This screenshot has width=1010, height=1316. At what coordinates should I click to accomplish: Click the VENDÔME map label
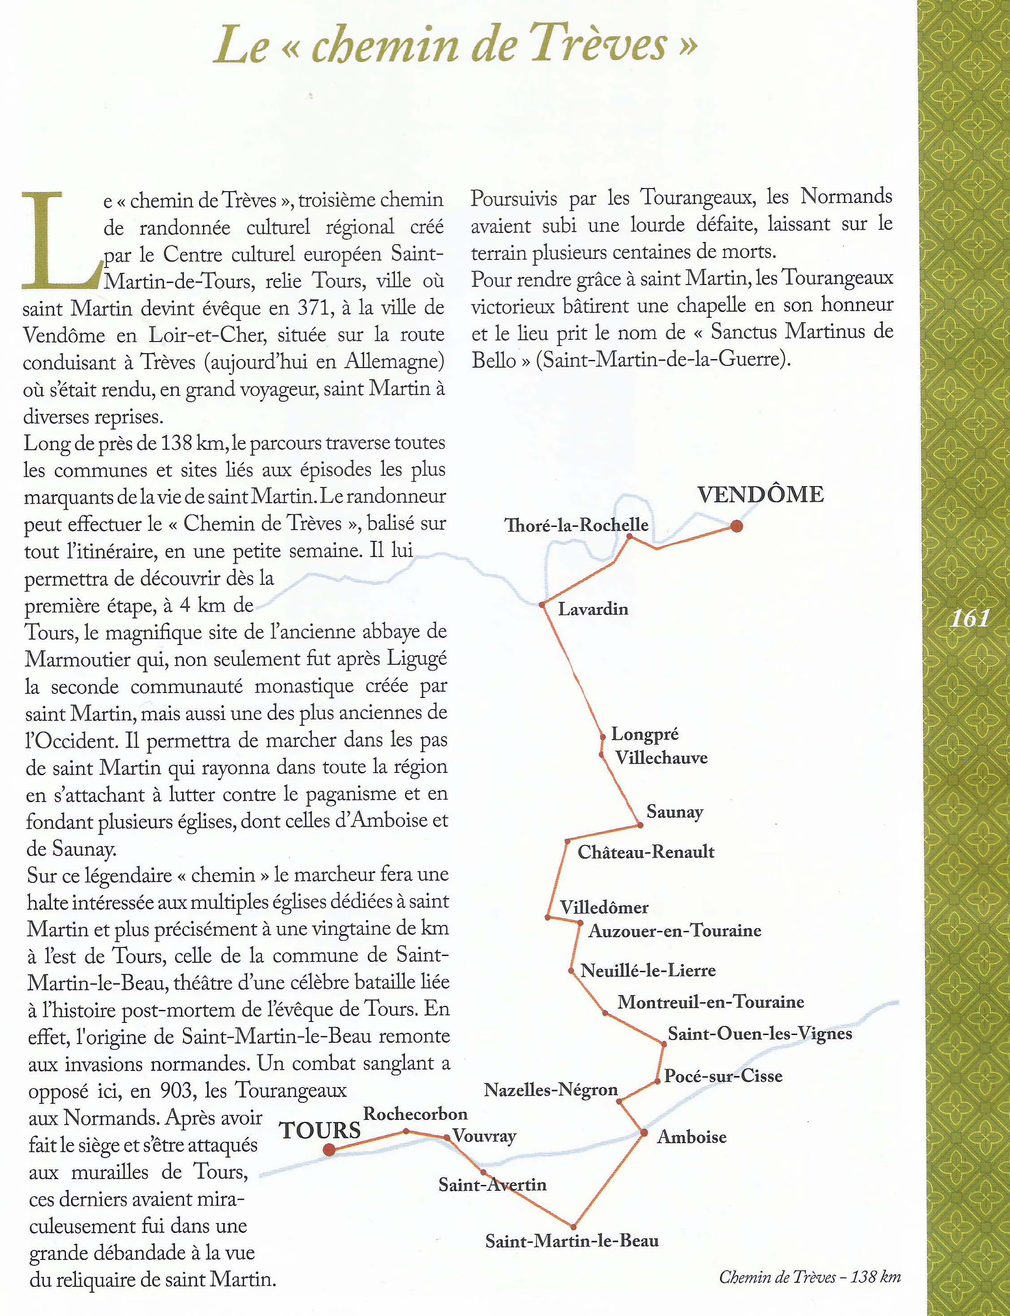click(x=760, y=494)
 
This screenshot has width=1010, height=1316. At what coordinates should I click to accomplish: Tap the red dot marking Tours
click(x=329, y=1150)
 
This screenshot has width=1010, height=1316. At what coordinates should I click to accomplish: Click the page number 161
click(x=969, y=618)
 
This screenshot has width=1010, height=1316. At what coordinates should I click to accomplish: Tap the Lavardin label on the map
click(x=593, y=609)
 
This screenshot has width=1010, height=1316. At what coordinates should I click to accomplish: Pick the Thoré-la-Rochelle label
click(x=576, y=525)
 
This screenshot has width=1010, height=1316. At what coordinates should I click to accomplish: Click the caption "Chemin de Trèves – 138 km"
click(x=809, y=1277)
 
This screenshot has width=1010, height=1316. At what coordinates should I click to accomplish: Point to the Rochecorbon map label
click(x=415, y=1114)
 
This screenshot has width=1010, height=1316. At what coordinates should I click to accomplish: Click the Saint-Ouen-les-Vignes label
click(x=760, y=1033)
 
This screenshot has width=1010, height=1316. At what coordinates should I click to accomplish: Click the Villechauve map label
click(x=661, y=758)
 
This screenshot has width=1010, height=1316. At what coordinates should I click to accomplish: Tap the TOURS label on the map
click(x=320, y=1130)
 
